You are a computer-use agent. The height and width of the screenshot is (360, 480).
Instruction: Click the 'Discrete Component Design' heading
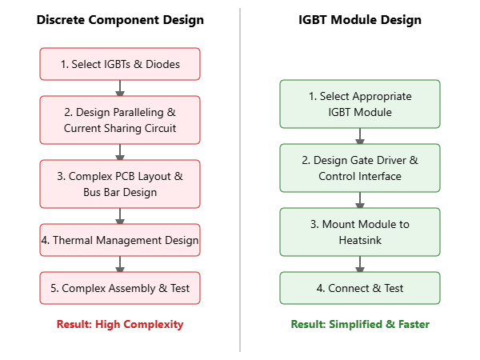pyautogui.click(x=120, y=20)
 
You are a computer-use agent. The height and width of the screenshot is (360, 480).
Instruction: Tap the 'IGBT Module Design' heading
pyautogui.click(x=360, y=20)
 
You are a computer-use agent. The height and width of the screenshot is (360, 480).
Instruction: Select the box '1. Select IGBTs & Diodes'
pyautogui.click(x=120, y=64)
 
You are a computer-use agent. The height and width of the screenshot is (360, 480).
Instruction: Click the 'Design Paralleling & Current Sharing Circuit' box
pyautogui.click(x=120, y=120)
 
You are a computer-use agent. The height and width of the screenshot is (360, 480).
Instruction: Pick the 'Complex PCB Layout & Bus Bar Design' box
pyautogui.click(x=120, y=184)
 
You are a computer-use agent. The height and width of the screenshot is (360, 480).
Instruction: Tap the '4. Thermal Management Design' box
pyautogui.click(x=120, y=240)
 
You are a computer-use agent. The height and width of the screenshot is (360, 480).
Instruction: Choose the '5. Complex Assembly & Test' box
pyautogui.click(x=120, y=288)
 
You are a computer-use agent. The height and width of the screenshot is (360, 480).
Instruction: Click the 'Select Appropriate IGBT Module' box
pyautogui.click(x=360, y=104)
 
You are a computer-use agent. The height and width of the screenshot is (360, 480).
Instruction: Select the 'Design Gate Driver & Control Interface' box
pyautogui.click(x=360, y=168)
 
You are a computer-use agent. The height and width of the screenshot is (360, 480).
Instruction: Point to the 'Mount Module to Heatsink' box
pyautogui.click(x=360, y=232)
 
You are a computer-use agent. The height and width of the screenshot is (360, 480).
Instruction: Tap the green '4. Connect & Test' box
pyautogui.click(x=360, y=288)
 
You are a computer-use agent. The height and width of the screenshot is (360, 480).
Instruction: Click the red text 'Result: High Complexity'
pyautogui.click(x=120, y=324)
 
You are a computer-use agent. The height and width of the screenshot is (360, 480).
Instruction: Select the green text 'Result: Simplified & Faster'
pyautogui.click(x=360, y=324)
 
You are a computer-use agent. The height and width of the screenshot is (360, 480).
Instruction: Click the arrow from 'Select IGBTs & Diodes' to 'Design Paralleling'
pyautogui.click(x=120, y=88)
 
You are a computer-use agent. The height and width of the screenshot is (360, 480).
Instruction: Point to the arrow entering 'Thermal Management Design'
pyautogui.click(x=120, y=216)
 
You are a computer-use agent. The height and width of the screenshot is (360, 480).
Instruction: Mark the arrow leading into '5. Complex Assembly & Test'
pyautogui.click(x=120, y=264)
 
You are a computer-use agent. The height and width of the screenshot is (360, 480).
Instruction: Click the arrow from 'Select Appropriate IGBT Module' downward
pyautogui.click(x=360, y=136)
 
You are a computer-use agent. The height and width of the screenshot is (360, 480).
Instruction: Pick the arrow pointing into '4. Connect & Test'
pyautogui.click(x=360, y=264)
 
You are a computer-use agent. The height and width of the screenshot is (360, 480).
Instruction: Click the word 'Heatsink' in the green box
pyautogui.click(x=360, y=240)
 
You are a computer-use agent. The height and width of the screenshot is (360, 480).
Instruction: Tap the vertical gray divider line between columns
pyautogui.click(x=240, y=180)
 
